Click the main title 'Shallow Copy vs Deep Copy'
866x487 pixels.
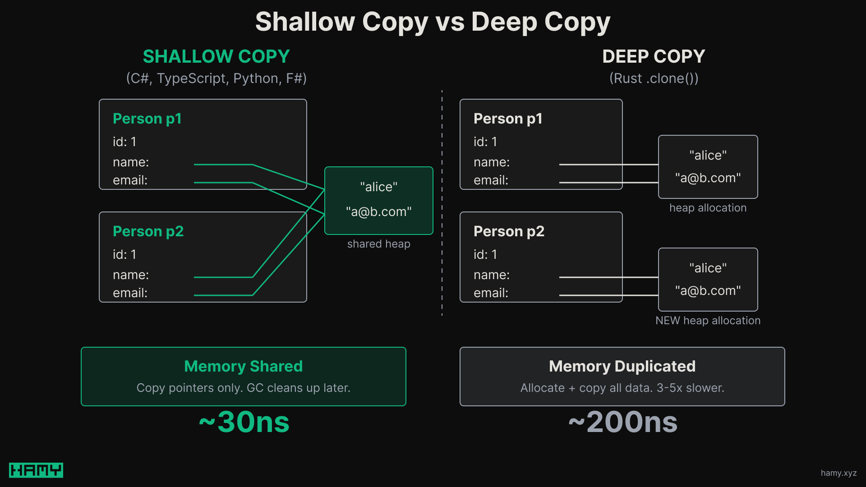pyautogui.click(x=433, y=22)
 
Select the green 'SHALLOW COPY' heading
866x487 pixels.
pyautogui.click(x=216, y=56)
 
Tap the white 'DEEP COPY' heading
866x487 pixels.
pyautogui.click(x=653, y=56)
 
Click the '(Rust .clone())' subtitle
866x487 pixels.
pyautogui.click(x=654, y=78)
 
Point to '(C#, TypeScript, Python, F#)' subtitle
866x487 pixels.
pyautogui.click(x=216, y=78)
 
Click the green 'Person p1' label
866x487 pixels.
pyautogui.click(x=147, y=119)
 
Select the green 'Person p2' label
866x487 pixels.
pyautogui.click(x=148, y=231)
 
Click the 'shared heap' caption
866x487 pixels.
pyautogui.click(x=378, y=244)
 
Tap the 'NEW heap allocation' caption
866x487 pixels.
pyautogui.click(x=708, y=321)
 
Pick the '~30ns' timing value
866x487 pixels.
pyautogui.click(x=244, y=422)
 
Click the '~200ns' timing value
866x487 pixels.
pyautogui.click(x=622, y=422)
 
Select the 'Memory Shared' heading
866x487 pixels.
pyautogui.click(x=243, y=366)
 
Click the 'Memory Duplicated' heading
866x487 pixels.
pyautogui.click(x=622, y=366)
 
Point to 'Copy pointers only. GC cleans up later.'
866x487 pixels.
pyautogui.click(x=243, y=388)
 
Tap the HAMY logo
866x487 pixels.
pyautogui.click(x=36, y=470)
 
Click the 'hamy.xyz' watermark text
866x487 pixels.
pyautogui.click(x=838, y=473)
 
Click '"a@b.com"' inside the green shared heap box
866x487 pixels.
pyautogui.click(x=378, y=212)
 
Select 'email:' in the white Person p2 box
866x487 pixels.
pyautogui.click(x=491, y=293)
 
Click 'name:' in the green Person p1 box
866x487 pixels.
pyautogui.click(x=131, y=162)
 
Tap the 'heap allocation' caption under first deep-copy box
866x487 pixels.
pyautogui.click(x=708, y=208)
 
